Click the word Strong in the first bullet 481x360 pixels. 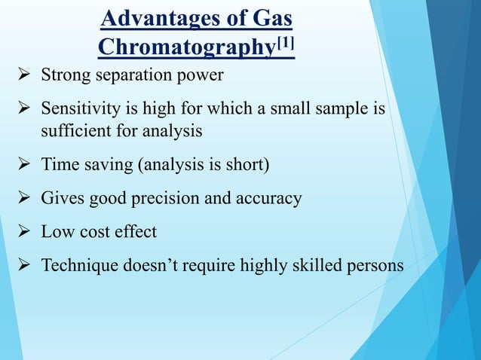coord(63,76)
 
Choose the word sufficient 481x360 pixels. coord(74,131)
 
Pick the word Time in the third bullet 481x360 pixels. coord(58,165)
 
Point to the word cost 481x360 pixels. coord(92,232)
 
